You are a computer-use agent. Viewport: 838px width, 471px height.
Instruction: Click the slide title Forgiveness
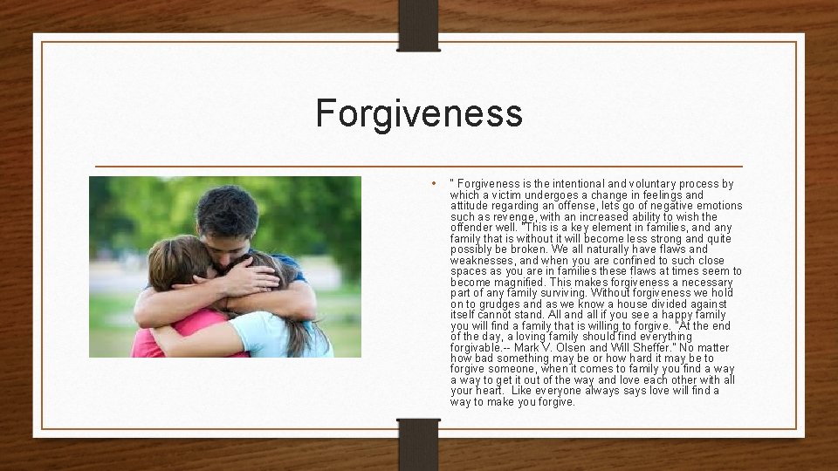point(419,113)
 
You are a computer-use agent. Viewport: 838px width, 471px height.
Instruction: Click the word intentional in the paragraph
point(576,184)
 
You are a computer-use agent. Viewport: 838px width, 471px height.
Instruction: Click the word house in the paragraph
point(617,304)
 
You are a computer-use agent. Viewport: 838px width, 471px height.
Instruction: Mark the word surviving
point(560,293)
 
